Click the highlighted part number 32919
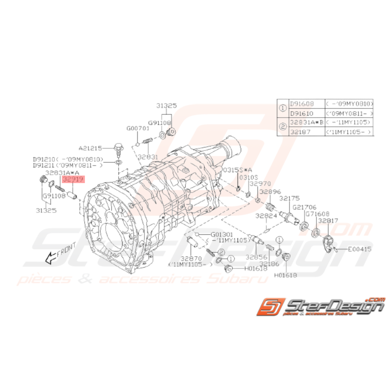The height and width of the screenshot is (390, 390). click(x=73, y=179)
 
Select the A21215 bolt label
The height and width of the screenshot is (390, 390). click(x=89, y=148)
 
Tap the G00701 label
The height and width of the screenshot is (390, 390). click(x=138, y=128)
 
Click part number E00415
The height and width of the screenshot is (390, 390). click(x=359, y=249)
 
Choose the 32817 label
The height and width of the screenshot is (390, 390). click(x=328, y=220)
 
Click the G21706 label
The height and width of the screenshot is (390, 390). click(x=305, y=207)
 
